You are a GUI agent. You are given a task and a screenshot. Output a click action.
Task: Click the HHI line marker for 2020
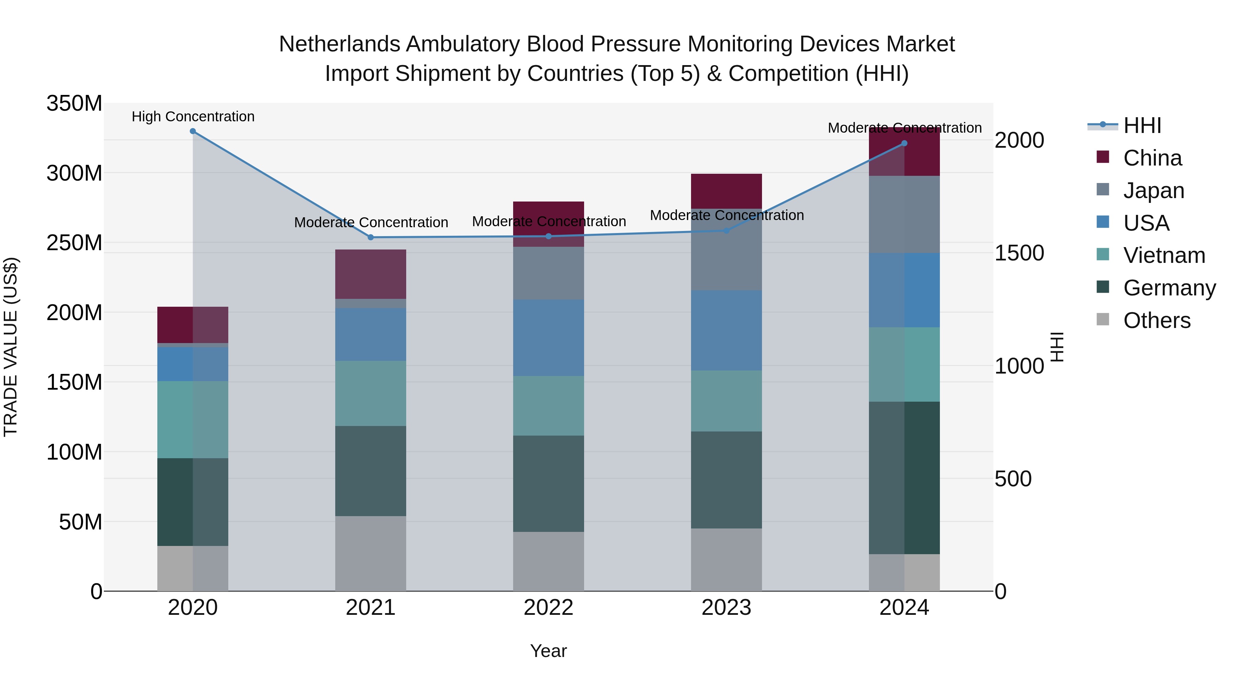coord(193,131)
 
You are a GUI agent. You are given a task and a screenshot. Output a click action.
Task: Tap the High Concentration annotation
coord(193,117)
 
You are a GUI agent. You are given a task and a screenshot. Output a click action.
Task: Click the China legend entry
coord(1152,158)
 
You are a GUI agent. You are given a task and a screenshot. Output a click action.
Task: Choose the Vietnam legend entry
coord(1164,255)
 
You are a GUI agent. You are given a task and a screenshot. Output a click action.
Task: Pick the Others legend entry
coord(1157,320)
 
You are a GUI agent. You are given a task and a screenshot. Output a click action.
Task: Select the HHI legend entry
coord(1142,125)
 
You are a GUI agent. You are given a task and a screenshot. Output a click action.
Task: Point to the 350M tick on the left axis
coord(74,104)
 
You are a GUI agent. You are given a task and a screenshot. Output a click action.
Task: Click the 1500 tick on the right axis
coord(1019,253)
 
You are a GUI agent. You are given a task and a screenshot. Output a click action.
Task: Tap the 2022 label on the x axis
coord(548,608)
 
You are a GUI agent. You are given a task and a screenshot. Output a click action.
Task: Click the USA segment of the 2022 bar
coord(548,338)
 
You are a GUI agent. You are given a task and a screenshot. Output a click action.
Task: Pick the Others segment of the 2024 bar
coord(904,572)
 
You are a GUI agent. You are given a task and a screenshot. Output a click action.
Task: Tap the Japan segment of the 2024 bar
coord(904,214)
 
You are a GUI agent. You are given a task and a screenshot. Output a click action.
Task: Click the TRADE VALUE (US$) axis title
coord(11,347)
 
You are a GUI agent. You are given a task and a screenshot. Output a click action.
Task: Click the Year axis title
coord(548,651)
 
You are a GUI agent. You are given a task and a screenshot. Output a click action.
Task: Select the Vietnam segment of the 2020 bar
coord(193,419)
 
